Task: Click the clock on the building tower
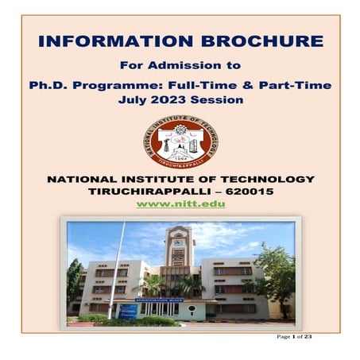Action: [178, 237]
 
